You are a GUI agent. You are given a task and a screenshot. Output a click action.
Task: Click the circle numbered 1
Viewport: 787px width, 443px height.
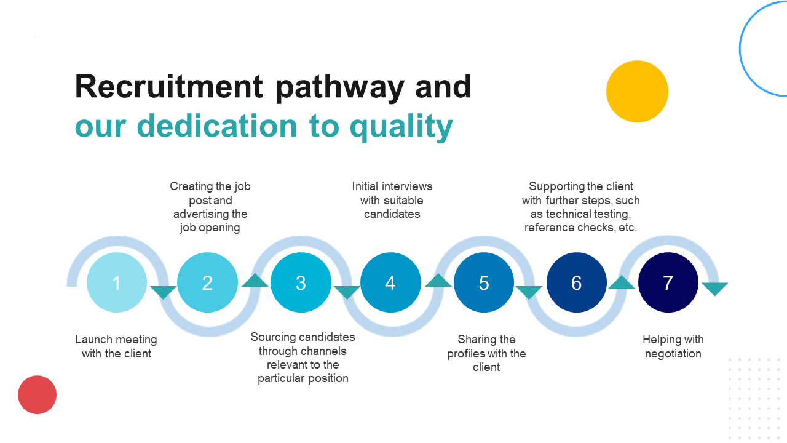[117, 282]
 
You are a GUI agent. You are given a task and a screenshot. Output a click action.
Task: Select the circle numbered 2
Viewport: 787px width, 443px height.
[207, 282]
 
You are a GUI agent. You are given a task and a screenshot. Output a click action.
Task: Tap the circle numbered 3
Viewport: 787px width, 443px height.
[301, 282]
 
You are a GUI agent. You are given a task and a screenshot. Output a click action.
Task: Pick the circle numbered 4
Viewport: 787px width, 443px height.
[390, 282]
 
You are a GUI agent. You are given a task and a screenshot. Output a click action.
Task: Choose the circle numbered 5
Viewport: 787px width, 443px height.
[484, 282]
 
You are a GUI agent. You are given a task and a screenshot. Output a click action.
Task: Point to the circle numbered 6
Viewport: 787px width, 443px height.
[576, 282]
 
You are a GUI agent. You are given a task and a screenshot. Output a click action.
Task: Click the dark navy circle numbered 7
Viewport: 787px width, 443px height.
[668, 282]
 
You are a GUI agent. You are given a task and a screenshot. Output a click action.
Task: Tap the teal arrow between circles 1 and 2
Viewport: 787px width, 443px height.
[164, 292]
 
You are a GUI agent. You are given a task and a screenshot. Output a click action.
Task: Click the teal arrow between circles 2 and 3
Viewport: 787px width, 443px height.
[255, 281]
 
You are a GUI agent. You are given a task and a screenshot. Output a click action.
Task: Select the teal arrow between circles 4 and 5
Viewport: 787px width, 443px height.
[438, 281]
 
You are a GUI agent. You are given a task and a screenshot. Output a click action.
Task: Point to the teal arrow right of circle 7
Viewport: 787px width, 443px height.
[714, 289]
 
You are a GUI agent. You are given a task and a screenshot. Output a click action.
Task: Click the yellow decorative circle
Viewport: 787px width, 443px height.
[637, 91]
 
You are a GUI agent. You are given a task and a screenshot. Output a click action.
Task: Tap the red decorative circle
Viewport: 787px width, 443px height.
[37, 394]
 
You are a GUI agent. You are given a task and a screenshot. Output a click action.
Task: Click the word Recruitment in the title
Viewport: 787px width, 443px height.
[169, 86]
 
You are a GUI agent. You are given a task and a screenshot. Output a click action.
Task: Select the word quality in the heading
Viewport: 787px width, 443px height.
[401, 126]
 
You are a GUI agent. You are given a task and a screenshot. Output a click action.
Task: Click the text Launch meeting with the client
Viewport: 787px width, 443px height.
[116, 346]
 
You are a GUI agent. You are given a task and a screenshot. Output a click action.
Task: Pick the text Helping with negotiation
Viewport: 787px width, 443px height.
[673, 346]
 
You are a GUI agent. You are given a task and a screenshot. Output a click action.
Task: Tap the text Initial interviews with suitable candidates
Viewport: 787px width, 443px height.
[392, 200]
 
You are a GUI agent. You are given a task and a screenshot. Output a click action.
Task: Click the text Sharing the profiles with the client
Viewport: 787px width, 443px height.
[486, 353]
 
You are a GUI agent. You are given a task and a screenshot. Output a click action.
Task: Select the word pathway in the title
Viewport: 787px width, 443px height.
[339, 87]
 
